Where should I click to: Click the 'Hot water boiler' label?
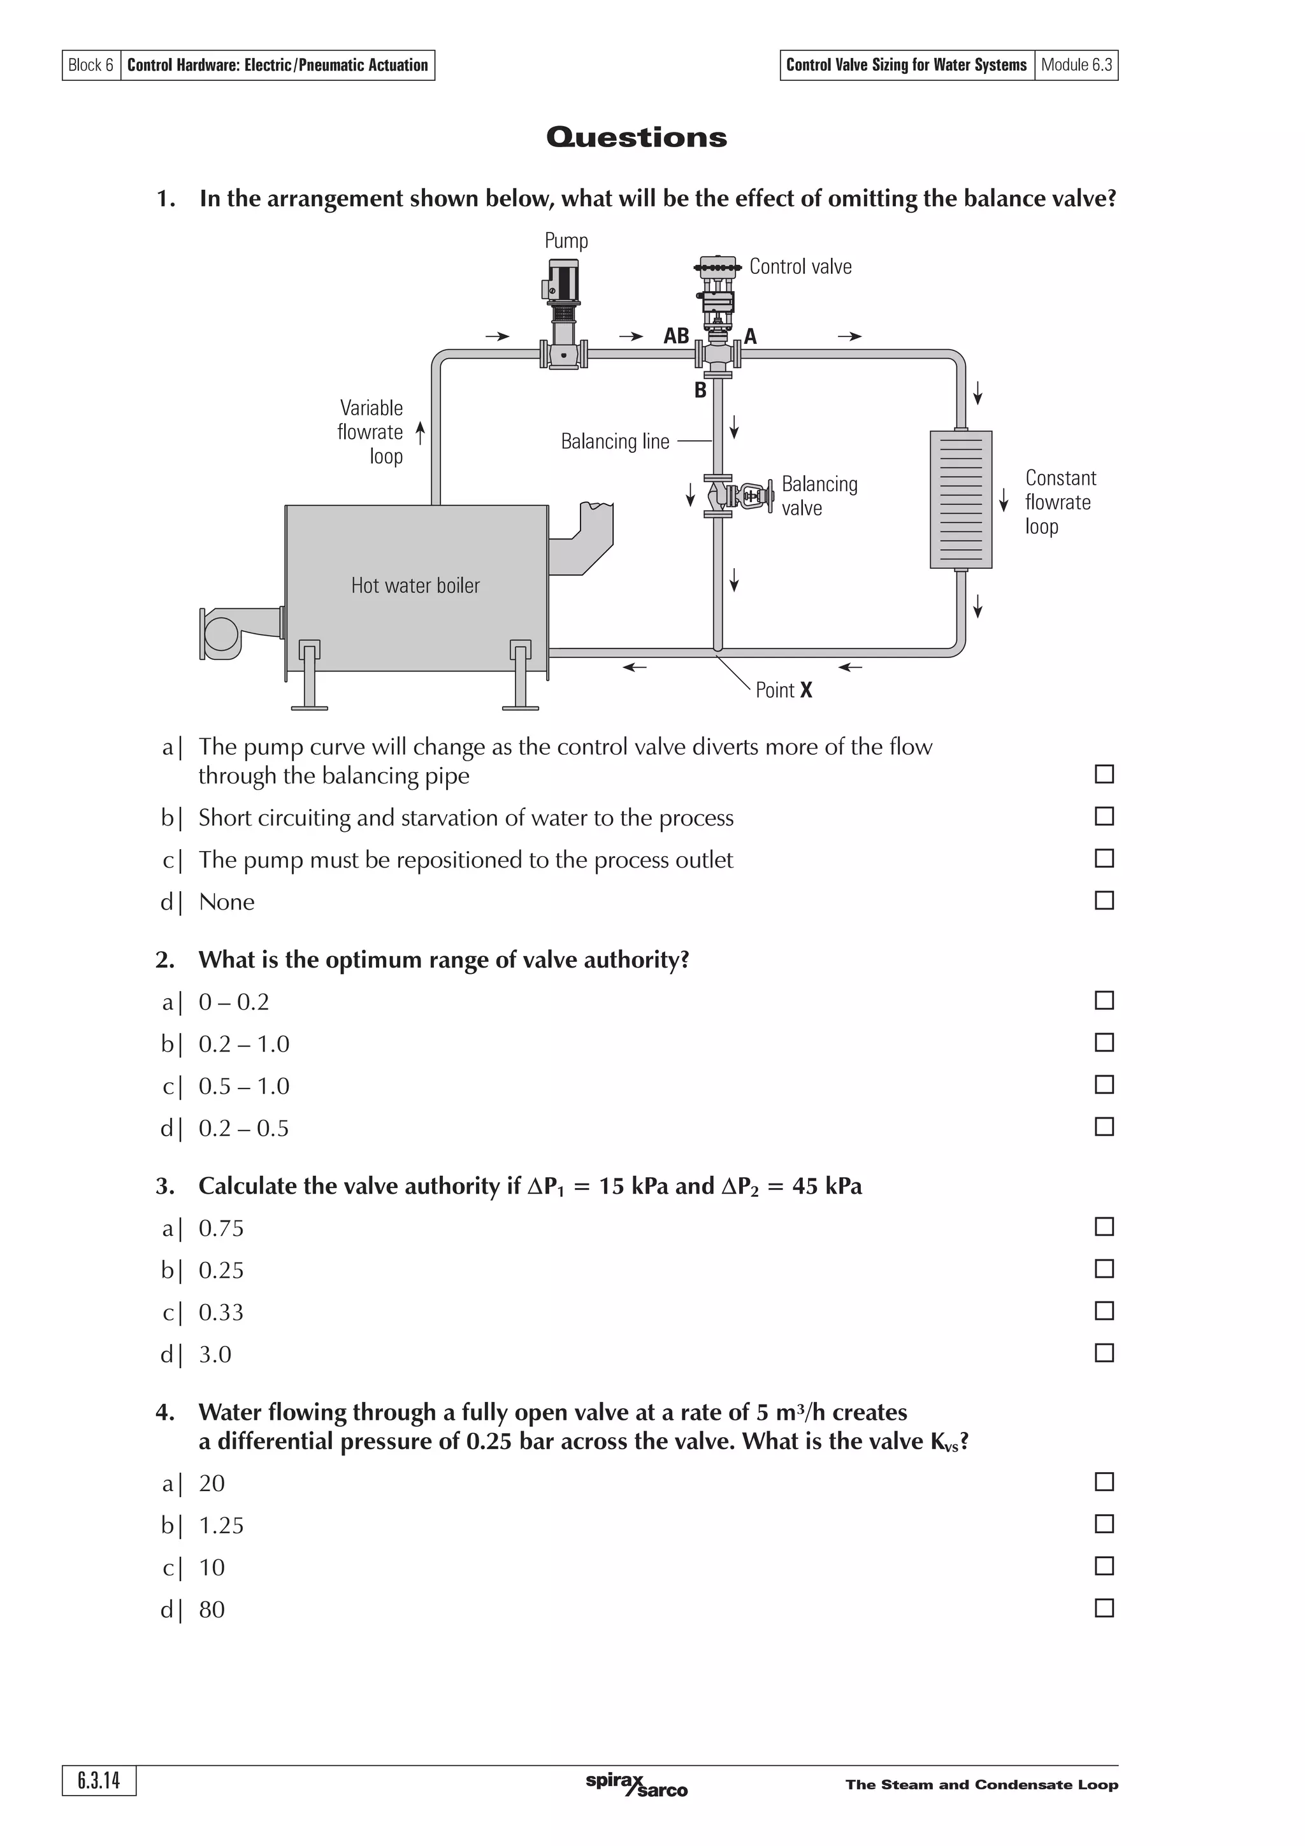click(x=415, y=585)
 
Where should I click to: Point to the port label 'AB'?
click(x=675, y=336)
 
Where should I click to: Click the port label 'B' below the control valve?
click(x=700, y=390)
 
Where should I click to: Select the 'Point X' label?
click(x=784, y=690)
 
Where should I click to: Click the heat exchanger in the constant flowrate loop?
click(x=960, y=499)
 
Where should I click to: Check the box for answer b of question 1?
click(x=1104, y=816)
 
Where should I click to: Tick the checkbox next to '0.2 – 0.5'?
click(x=1104, y=1126)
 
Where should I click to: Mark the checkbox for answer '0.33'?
click(x=1104, y=1310)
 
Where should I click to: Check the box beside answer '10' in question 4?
click(x=1104, y=1565)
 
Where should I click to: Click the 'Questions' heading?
click(x=636, y=137)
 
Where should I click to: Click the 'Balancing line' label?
click(x=614, y=441)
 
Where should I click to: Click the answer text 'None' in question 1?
click(x=226, y=902)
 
